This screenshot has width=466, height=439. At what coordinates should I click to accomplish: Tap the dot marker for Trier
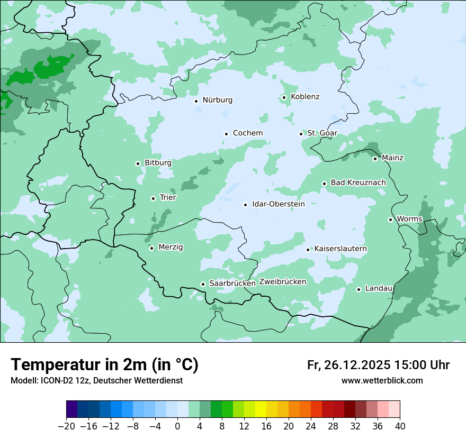pos(153,198)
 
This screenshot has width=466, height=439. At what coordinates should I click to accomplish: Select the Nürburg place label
pos(217,100)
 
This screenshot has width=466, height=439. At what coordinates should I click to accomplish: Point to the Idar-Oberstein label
pos(278,204)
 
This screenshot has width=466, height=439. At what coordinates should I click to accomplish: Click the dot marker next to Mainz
pos(375,159)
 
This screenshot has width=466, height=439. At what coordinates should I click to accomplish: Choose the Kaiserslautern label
pos(340,249)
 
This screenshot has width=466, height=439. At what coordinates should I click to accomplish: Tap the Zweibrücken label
pos(282,282)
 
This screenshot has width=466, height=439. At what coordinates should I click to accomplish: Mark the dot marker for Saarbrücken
pos(203,284)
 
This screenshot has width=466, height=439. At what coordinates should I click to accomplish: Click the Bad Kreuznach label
pos(358,182)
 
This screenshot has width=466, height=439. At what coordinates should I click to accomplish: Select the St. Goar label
pos(322,133)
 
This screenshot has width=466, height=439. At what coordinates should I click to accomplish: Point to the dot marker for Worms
pos(390,219)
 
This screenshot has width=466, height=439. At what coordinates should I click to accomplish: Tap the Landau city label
pos(379,288)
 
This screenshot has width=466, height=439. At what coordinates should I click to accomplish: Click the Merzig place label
pos(171,247)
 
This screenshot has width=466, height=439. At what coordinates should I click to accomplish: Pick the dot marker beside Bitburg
pos(138,163)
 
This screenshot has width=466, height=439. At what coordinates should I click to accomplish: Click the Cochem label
pos(248,133)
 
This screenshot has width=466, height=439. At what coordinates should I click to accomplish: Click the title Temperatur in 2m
pos(104,364)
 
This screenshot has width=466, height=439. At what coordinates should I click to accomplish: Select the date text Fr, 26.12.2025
pos(348,365)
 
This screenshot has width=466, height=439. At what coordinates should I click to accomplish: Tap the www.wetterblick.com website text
pos(382,380)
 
